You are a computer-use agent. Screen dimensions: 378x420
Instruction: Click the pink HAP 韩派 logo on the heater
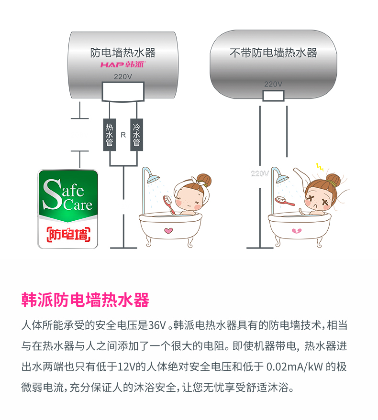[123, 65]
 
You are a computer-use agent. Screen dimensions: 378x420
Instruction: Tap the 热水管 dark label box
[110, 135]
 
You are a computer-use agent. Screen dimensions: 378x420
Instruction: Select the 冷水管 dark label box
[136, 135]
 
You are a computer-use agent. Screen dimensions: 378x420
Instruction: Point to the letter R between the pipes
[123, 135]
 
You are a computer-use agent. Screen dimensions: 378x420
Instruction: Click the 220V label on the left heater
[123, 77]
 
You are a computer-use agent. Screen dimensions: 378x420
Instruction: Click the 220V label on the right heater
[273, 84]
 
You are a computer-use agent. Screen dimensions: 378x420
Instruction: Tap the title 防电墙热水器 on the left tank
[123, 53]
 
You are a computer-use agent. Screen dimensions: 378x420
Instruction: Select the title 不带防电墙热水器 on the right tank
[273, 53]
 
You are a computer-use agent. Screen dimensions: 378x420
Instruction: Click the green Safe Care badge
[68, 209]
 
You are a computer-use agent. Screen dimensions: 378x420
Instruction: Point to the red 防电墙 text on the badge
[68, 235]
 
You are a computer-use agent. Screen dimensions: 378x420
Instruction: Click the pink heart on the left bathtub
[168, 230]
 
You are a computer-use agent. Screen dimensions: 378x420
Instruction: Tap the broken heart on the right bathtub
[297, 231]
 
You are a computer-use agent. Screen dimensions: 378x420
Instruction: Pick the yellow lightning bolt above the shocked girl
[320, 167]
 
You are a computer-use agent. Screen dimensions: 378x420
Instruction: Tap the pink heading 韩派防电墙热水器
[85, 300]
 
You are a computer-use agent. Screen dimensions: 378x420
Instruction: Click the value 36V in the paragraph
[157, 325]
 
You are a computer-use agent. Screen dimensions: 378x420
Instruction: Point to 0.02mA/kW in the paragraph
[295, 366]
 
